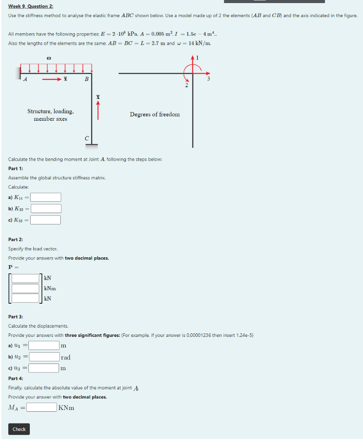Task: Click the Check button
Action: point(19,429)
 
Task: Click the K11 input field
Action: point(45,197)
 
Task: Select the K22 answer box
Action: point(45,209)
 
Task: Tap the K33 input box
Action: point(45,220)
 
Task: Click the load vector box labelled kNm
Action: point(25,288)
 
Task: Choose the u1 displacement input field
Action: point(44,346)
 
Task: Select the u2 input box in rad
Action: point(44,357)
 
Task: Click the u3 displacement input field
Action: point(44,368)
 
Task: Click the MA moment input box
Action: point(42,408)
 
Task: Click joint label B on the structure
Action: point(87,79)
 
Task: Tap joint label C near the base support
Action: point(87,138)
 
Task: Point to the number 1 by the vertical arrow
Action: point(198,57)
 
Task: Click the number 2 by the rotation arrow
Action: point(186,85)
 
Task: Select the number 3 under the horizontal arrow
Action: point(209,79)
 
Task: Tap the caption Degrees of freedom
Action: point(154,114)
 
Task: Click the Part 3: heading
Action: point(16,316)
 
